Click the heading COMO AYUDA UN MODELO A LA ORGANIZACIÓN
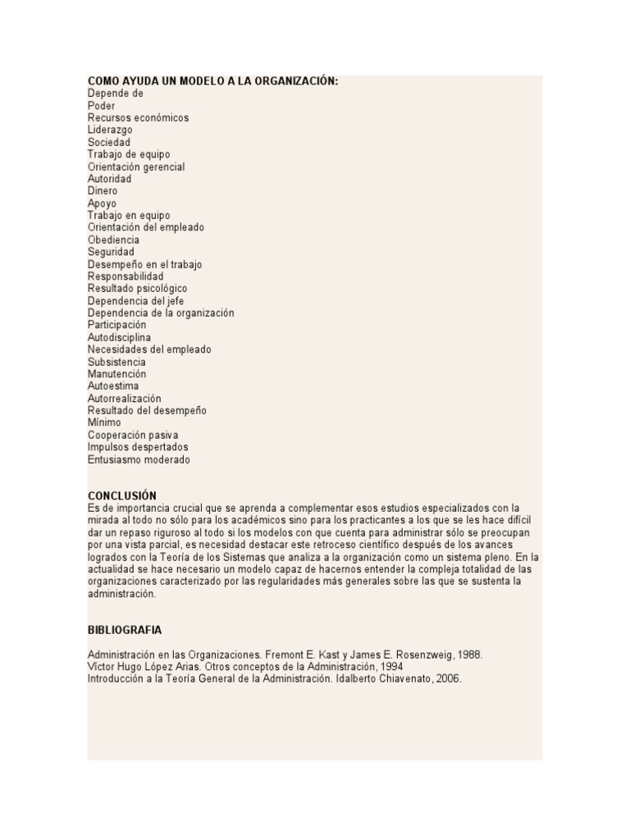pyautogui.click(x=212, y=81)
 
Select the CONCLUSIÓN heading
pyautogui.click(x=121, y=495)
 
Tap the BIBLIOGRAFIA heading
pyautogui.click(x=125, y=630)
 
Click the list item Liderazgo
pyautogui.click(x=110, y=130)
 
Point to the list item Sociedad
pyautogui.click(x=109, y=142)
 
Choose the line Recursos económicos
pyautogui.click(x=138, y=117)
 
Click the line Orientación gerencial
pyautogui.click(x=136, y=167)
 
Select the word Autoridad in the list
pyautogui.click(x=109, y=179)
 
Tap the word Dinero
pyautogui.click(x=103, y=191)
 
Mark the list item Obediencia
pyautogui.click(x=113, y=240)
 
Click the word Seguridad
pyautogui.click(x=111, y=252)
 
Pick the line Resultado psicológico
pyautogui.click(x=137, y=289)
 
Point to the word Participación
pyautogui.click(x=116, y=325)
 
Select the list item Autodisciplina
pyautogui.click(x=119, y=337)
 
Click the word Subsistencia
pyautogui.click(x=116, y=362)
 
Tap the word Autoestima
pyautogui.click(x=113, y=386)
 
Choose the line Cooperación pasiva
pyautogui.click(x=133, y=435)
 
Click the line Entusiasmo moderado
pyautogui.click(x=139, y=459)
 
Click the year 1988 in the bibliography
pyautogui.click(x=471, y=655)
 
